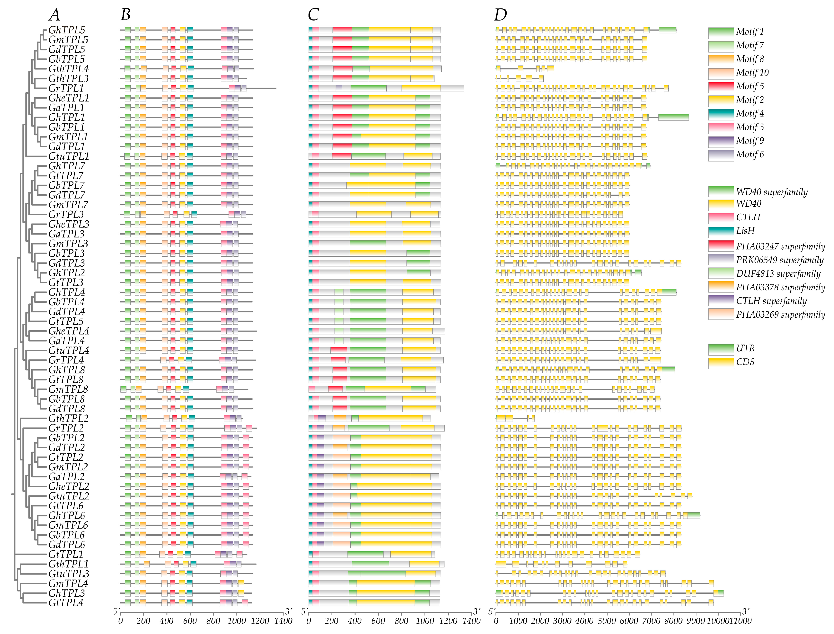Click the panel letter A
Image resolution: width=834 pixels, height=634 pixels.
click(x=54, y=15)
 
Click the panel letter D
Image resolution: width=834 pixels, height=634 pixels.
click(x=501, y=15)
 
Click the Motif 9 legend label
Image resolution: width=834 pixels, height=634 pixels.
click(x=750, y=141)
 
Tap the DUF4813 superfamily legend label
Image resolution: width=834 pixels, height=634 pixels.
click(x=778, y=273)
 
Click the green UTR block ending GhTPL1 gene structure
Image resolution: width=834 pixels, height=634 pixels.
click(x=673, y=117)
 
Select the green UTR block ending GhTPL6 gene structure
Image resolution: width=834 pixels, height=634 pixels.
click(x=694, y=515)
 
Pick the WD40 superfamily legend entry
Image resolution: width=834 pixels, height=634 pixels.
click(x=771, y=192)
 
